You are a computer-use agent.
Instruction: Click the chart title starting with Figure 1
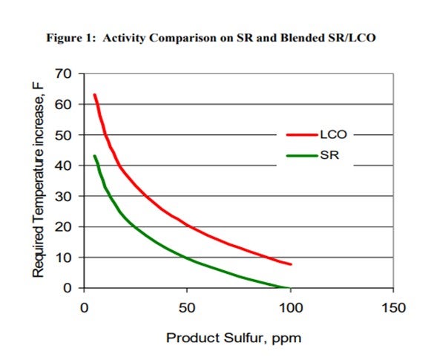click(x=211, y=38)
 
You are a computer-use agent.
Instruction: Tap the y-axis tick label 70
click(x=63, y=74)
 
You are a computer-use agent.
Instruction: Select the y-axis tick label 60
click(x=63, y=105)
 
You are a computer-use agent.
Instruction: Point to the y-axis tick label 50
click(x=63, y=135)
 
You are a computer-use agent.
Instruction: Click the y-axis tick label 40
click(x=63, y=166)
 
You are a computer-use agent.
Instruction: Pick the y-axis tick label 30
click(x=63, y=197)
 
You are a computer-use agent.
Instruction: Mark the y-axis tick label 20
click(x=63, y=227)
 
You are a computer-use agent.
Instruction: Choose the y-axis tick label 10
click(x=63, y=258)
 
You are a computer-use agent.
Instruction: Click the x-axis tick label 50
click(x=187, y=308)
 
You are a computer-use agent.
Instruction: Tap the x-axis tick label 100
click(x=291, y=308)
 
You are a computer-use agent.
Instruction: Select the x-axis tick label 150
click(x=393, y=308)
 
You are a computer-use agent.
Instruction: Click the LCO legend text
click(x=333, y=134)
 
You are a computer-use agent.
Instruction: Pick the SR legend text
click(x=329, y=155)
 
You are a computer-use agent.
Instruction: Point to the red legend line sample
click(x=302, y=135)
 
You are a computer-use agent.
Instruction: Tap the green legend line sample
click(x=302, y=156)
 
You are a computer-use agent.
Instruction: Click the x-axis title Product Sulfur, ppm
click(x=234, y=338)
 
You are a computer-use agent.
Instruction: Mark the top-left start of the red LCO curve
click(x=94, y=95)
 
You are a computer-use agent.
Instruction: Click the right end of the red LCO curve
click(x=291, y=264)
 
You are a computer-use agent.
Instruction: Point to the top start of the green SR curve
click(x=94, y=156)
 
